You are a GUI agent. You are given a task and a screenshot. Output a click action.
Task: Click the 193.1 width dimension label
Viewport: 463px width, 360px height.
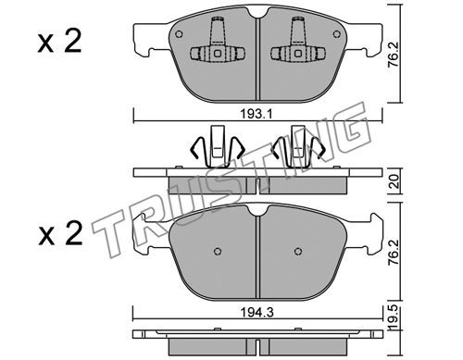257,115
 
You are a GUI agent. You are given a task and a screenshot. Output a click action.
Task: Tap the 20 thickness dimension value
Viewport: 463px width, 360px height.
395,182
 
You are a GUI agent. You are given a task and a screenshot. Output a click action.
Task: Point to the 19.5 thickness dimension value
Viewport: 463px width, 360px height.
395,317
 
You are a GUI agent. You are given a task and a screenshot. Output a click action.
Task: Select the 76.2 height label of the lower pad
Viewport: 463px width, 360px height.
395,254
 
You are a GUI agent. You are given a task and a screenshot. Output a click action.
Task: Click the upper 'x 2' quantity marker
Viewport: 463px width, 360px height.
59,43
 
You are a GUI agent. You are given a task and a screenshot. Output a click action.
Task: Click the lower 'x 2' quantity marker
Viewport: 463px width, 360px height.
60,234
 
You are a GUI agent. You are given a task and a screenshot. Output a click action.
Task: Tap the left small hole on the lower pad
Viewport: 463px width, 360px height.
218,251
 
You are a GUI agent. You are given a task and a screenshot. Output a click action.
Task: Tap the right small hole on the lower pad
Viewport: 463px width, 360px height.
298,251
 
